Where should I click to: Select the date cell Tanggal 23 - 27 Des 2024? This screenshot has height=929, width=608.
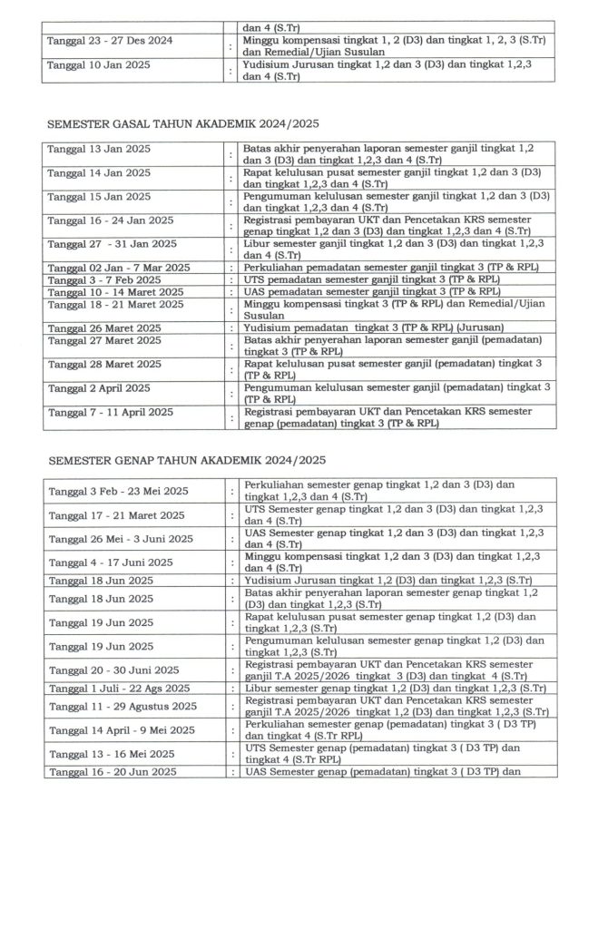(110, 41)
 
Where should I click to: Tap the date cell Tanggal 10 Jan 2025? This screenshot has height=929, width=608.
(99, 65)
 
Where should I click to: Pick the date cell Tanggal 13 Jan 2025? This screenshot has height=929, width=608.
(99, 148)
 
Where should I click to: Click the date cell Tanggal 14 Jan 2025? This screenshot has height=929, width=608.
(99, 171)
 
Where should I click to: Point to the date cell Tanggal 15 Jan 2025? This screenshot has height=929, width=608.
(99, 196)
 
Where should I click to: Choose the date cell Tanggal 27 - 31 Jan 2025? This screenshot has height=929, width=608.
(112, 244)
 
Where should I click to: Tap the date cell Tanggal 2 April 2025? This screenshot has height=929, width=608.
(99, 388)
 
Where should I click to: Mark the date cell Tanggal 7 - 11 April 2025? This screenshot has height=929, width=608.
(110, 412)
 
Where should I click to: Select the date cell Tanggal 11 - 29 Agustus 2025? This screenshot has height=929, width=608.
(122, 706)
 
